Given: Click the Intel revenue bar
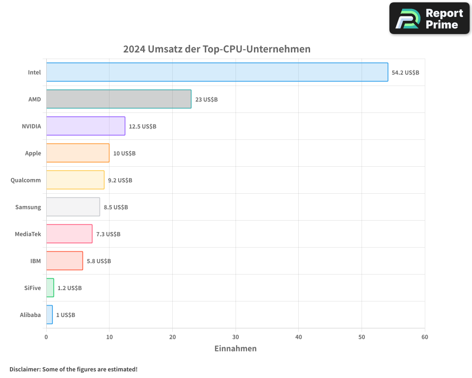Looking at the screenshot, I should pyautogui.click(x=217, y=72).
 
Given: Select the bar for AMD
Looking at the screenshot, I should pyautogui.click(x=118, y=99).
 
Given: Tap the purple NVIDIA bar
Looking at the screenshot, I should pyautogui.click(x=85, y=126).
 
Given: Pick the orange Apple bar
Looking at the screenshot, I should pyautogui.click(x=78, y=153).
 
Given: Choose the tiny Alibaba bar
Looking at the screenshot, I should pyautogui.click(x=50, y=315).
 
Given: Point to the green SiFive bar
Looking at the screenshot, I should pyautogui.click(x=50, y=288).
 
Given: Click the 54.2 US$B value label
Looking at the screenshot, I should pyautogui.click(x=405, y=73).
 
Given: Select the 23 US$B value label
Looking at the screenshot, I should pyautogui.click(x=206, y=100).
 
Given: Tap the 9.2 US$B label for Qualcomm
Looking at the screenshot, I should pyautogui.click(x=120, y=180).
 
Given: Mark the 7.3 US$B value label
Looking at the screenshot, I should pyautogui.click(x=108, y=234).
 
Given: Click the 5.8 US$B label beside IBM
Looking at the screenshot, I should pyautogui.click(x=99, y=261).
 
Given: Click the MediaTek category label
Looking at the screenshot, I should pyautogui.click(x=28, y=234).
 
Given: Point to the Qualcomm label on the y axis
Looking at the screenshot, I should pyautogui.click(x=25, y=180).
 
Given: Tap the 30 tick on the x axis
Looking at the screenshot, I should pyautogui.click(x=236, y=337).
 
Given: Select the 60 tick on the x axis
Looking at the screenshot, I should pyautogui.click(x=425, y=337).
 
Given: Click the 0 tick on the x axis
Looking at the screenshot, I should pyautogui.click(x=46, y=337).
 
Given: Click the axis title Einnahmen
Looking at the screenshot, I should pyautogui.click(x=236, y=349).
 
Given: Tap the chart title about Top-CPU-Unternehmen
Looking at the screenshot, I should pyautogui.click(x=217, y=49).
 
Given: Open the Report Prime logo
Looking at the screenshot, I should pyautogui.click(x=429, y=18).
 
